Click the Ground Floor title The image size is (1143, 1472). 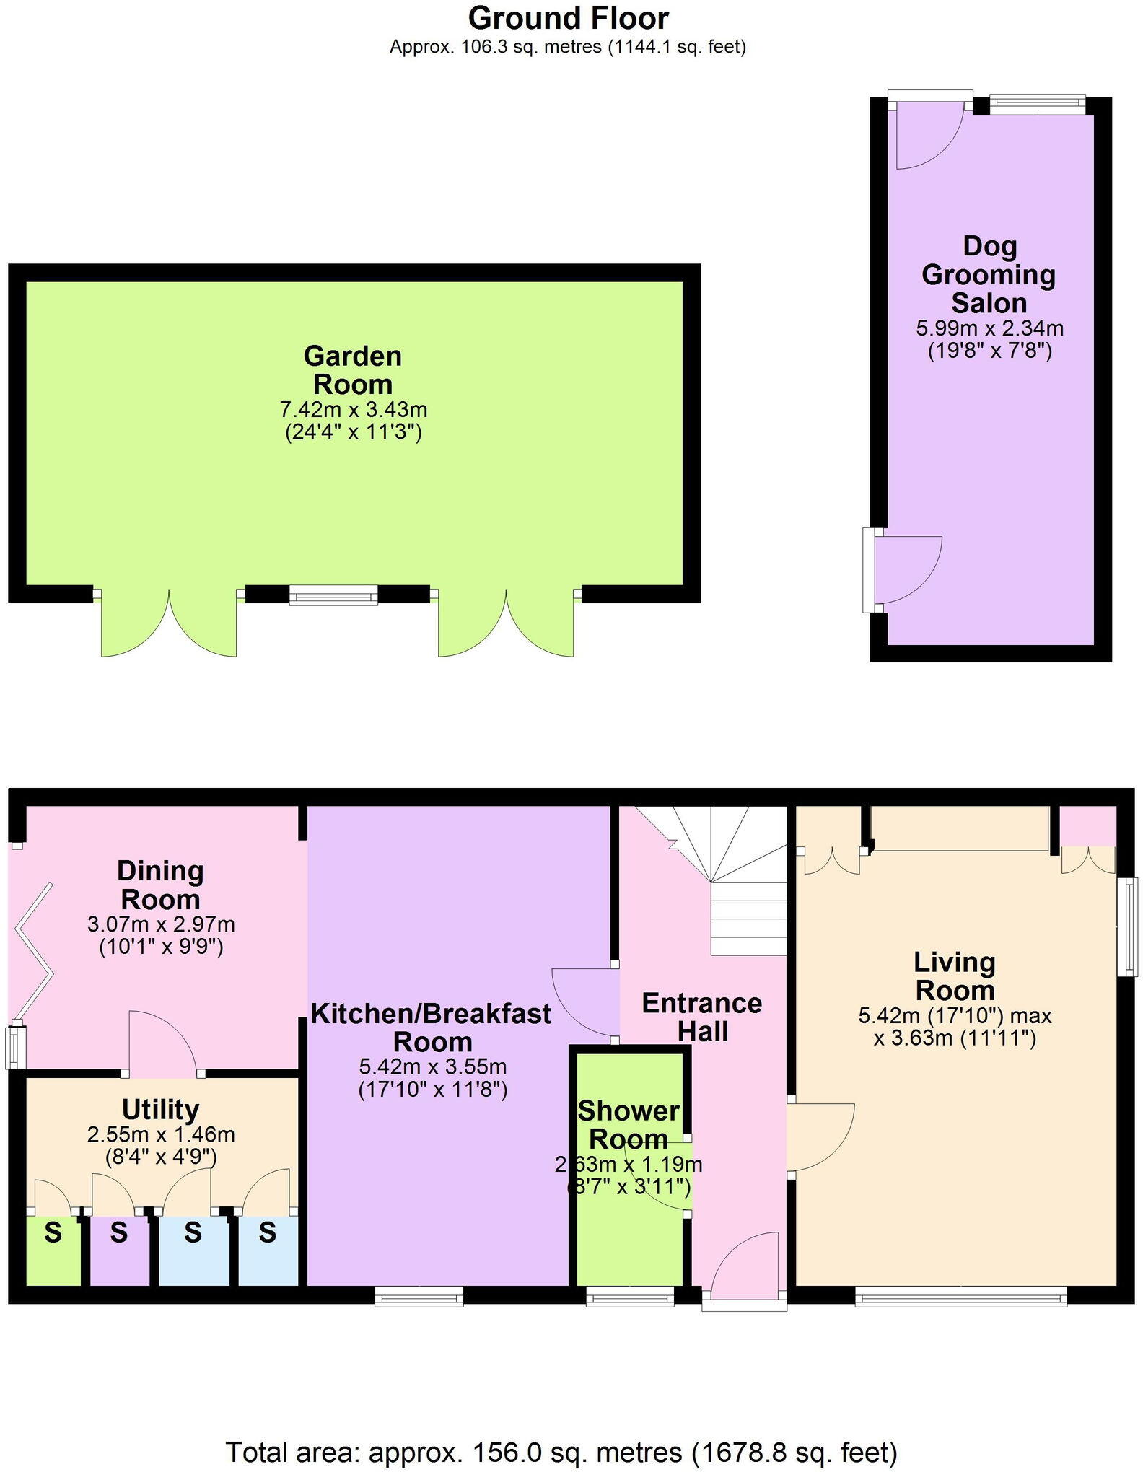(x=568, y=18)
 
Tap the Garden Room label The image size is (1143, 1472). (x=353, y=369)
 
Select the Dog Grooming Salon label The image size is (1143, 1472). (x=989, y=275)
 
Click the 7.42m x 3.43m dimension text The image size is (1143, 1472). (x=353, y=410)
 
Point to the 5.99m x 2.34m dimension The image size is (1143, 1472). (x=989, y=328)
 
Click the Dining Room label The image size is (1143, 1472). (x=160, y=885)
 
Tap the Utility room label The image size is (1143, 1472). (x=160, y=1109)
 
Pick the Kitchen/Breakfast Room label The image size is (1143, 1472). (x=432, y=1028)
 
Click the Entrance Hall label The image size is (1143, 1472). (x=702, y=1017)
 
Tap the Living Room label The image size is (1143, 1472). (x=954, y=976)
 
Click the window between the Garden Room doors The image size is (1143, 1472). (x=333, y=595)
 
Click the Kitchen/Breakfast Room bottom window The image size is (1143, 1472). (x=419, y=1297)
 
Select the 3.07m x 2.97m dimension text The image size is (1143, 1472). (x=160, y=924)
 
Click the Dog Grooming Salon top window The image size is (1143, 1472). (x=1036, y=105)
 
